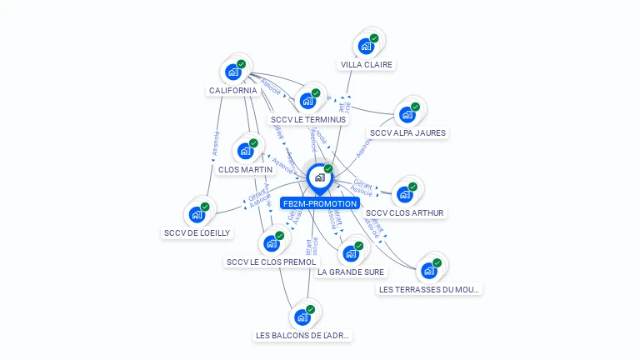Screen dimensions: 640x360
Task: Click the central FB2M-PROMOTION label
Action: (x=320, y=203)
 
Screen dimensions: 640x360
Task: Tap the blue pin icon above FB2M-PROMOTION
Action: (x=319, y=177)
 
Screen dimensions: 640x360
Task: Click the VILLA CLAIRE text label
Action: (x=367, y=64)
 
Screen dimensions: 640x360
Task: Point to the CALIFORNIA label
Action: (x=232, y=90)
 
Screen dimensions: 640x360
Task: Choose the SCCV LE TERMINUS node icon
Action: (x=307, y=102)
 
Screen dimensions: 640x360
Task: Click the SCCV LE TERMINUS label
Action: (x=308, y=119)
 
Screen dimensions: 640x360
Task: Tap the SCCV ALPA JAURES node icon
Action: (x=407, y=115)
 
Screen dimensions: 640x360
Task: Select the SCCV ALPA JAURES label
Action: (x=407, y=132)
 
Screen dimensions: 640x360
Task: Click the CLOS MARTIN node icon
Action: (x=245, y=152)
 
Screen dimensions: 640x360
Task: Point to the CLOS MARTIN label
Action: (x=245, y=169)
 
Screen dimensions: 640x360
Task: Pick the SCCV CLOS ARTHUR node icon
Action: (x=405, y=195)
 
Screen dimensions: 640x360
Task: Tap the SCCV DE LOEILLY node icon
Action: (x=197, y=215)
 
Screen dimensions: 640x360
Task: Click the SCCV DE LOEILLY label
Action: (x=197, y=232)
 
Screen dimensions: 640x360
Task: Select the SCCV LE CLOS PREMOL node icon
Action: (x=271, y=243)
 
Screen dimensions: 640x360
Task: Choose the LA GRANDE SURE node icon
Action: (x=351, y=253)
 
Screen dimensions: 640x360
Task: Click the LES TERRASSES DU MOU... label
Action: (x=429, y=289)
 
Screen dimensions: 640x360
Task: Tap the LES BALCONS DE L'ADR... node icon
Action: (x=302, y=317)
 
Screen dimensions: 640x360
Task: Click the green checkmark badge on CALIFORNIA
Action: (x=242, y=64)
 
